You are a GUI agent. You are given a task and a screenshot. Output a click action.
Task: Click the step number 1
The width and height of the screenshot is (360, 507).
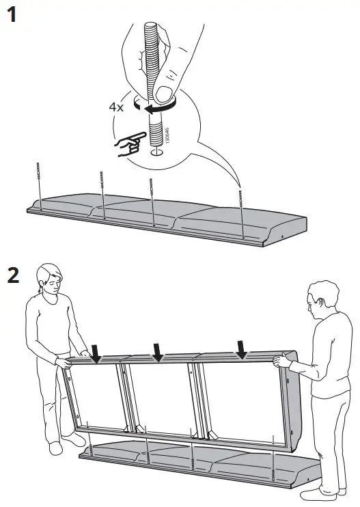pos(12,15)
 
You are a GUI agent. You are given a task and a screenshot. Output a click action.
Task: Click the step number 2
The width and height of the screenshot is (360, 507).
pos(13,275)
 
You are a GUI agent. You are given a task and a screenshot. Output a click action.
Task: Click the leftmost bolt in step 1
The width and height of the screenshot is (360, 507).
pos(40,184)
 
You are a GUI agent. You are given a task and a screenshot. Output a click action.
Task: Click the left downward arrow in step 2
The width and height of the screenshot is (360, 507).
pos(96,353)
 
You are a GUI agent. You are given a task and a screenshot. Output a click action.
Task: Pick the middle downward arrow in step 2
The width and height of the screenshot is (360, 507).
pos(158,353)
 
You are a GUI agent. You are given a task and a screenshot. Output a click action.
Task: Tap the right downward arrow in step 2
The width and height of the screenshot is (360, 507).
pos(241,348)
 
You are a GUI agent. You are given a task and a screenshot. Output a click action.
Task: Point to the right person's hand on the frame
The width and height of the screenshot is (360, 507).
pos(279,359)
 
